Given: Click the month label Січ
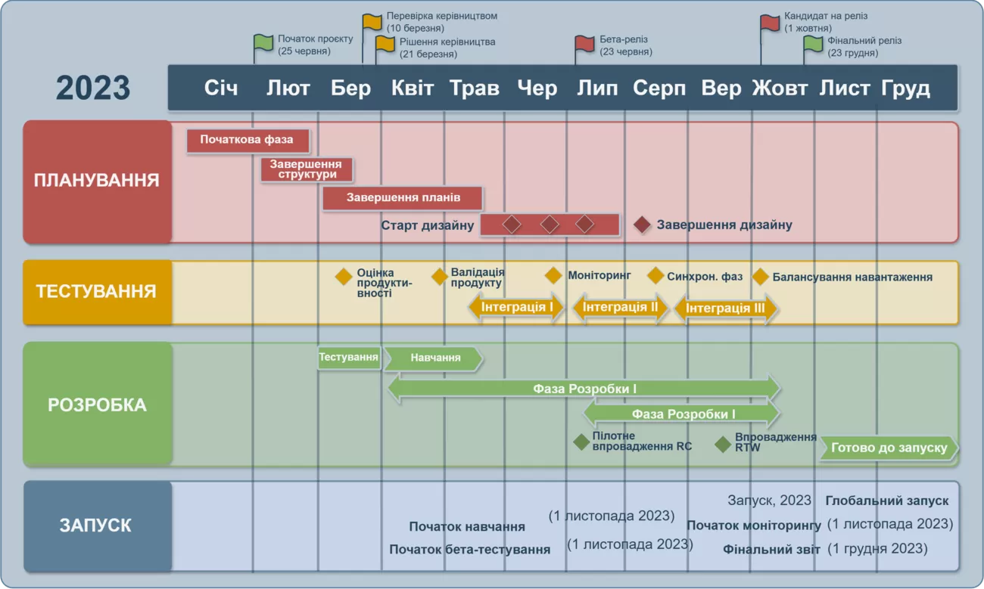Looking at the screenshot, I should pyautogui.click(x=221, y=88).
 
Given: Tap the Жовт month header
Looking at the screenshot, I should pyautogui.click(x=780, y=88).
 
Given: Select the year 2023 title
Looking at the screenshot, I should pyautogui.click(x=93, y=88).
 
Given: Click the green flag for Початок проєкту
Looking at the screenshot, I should pyautogui.click(x=263, y=42).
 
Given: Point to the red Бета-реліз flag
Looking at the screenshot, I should pyautogui.click(x=584, y=43).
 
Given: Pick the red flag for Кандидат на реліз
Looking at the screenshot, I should pyautogui.click(x=770, y=23).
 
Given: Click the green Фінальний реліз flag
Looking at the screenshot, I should pyautogui.click(x=813, y=44).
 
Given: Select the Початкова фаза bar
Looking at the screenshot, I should pyautogui.click(x=248, y=140).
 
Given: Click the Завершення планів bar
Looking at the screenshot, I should pyautogui.click(x=403, y=198).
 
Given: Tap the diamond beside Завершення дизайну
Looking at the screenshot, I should pyautogui.click(x=643, y=225).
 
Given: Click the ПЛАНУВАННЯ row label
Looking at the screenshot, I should pyautogui.click(x=97, y=181).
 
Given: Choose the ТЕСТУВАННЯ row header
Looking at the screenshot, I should pyautogui.click(x=96, y=292).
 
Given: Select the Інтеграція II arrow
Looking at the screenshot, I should pyautogui.click(x=620, y=308).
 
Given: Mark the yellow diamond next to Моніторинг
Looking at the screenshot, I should pyautogui.click(x=553, y=275).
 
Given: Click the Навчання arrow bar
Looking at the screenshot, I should pyautogui.click(x=433, y=358).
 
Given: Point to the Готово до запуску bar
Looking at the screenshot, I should pyautogui.click(x=889, y=448).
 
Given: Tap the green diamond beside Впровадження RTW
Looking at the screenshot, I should pyautogui.click(x=723, y=444).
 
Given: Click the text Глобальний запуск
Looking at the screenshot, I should pyautogui.click(x=886, y=501).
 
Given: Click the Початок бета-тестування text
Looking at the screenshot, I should pyautogui.click(x=469, y=550).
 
